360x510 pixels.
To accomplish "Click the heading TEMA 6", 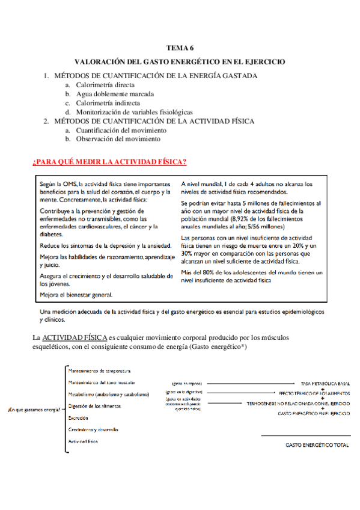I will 180,48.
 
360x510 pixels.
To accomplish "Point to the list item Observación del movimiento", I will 118,139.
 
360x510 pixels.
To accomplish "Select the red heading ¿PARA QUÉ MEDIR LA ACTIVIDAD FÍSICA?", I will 109,162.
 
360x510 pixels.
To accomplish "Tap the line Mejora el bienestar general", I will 76,295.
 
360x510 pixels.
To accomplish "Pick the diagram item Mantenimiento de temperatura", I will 100,370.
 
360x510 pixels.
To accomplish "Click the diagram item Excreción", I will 79,417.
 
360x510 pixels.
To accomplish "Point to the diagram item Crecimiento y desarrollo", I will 94,429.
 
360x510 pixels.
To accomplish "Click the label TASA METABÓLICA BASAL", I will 325,382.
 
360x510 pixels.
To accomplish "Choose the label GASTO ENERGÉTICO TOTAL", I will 317,445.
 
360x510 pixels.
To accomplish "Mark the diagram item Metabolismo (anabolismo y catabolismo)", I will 109,394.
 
